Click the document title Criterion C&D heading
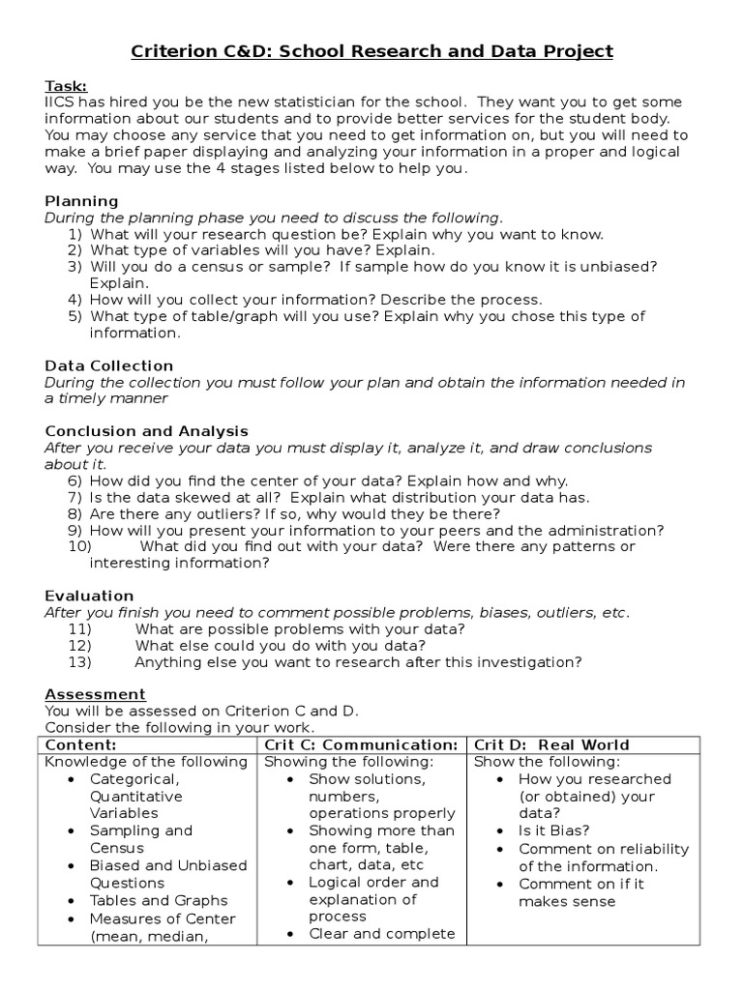(x=371, y=51)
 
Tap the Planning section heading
(x=81, y=201)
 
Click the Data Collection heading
(x=109, y=365)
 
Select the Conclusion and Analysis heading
(x=146, y=431)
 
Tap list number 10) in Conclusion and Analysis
(x=79, y=547)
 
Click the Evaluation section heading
(x=89, y=596)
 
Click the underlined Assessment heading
(x=95, y=694)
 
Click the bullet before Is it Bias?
(x=497, y=830)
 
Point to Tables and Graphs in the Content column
(x=159, y=900)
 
